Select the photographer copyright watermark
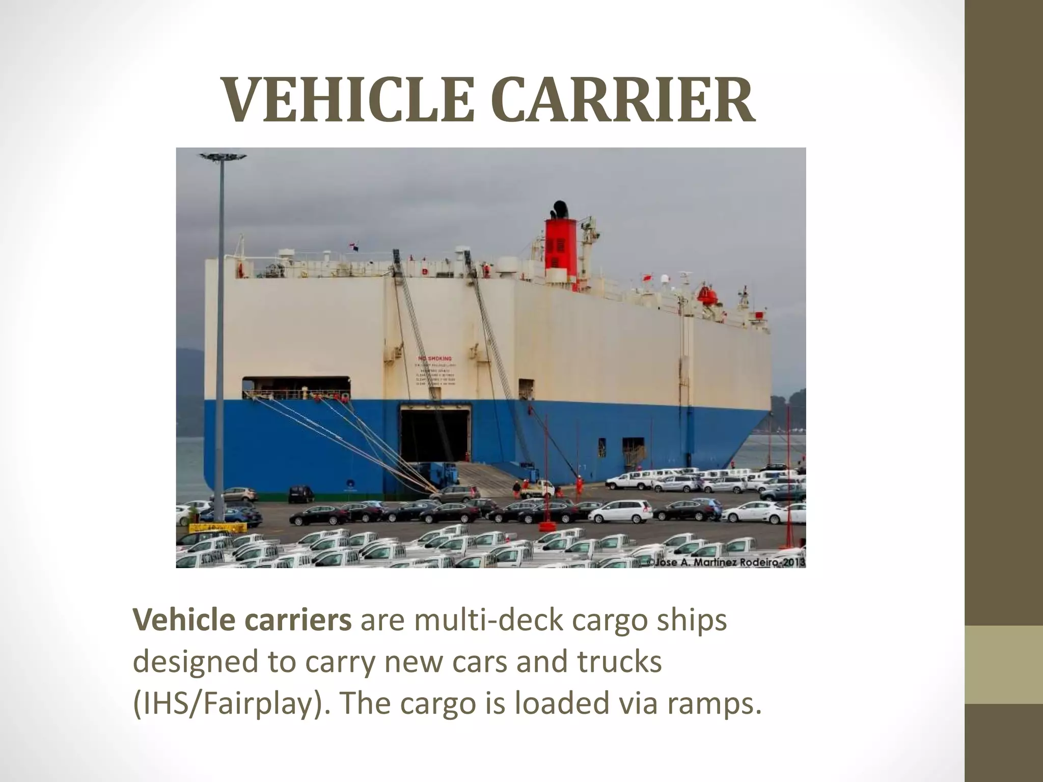(726, 562)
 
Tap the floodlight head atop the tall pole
(223, 156)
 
